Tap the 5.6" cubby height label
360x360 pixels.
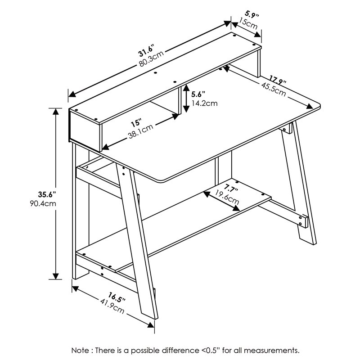(198, 94)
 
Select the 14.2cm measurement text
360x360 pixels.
(204, 103)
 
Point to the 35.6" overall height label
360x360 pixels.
(46, 195)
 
